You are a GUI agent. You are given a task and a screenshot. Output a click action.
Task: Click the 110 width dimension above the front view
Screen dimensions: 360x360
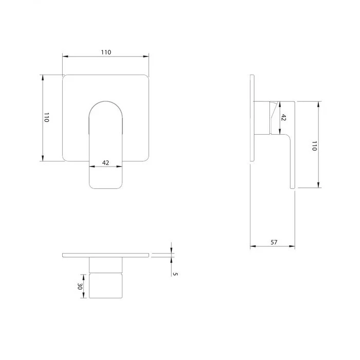click(x=106, y=52)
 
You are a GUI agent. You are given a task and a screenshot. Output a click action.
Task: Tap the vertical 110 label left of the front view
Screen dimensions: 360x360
click(x=46, y=117)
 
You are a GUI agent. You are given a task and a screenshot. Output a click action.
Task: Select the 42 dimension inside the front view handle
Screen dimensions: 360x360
click(x=105, y=163)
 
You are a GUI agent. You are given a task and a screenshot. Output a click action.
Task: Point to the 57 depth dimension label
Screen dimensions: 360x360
click(x=274, y=242)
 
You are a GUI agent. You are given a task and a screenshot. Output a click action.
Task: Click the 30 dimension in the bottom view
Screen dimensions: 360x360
click(x=80, y=286)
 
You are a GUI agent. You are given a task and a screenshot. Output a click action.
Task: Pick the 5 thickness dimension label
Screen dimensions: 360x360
click(x=175, y=274)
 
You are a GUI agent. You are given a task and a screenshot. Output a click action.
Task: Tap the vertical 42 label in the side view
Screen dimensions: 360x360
click(x=283, y=117)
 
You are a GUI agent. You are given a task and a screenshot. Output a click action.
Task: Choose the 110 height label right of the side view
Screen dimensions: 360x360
click(x=314, y=146)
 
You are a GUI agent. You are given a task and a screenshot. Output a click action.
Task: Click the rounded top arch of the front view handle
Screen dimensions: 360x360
click(x=105, y=101)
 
